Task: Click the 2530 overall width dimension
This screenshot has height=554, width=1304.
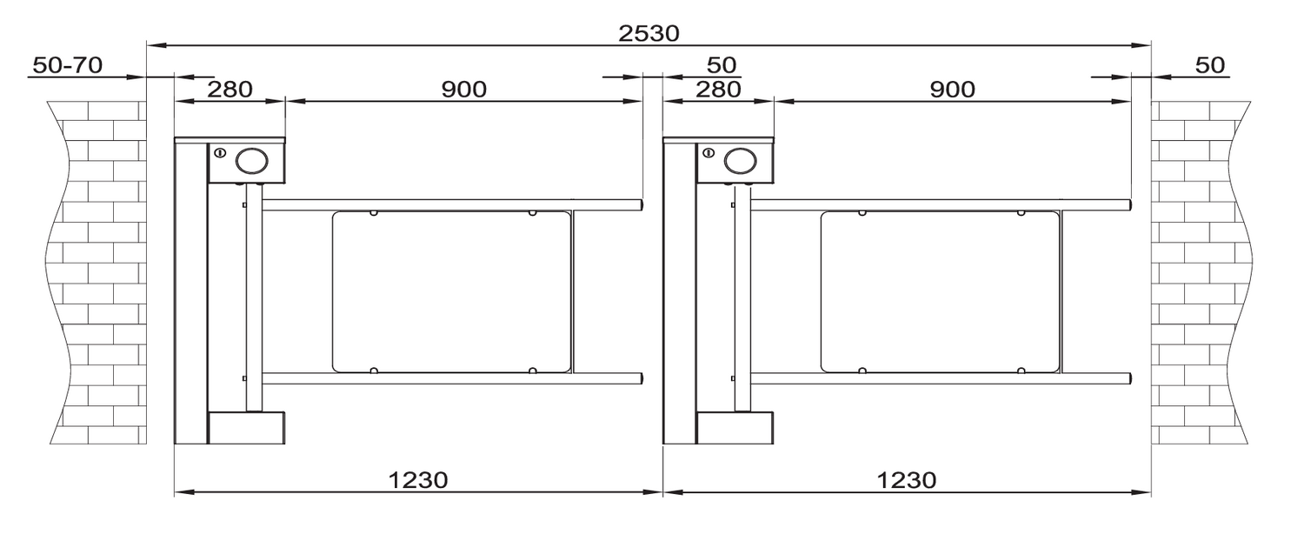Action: [x=649, y=33]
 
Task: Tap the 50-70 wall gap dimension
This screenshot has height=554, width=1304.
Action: [x=68, y=64]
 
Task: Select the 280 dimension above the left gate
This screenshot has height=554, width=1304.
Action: [x=230, y=89]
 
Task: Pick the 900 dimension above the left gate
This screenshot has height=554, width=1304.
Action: [x=464, y=89]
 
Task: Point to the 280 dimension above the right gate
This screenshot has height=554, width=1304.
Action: [x=718, y=89]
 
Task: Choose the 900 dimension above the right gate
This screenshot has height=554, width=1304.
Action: [x=953, y=89]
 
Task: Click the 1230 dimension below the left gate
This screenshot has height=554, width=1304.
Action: [x=418, y=480]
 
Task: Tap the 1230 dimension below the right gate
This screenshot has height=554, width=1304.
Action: [x=907, y=480]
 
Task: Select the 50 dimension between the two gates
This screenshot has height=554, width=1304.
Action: [x=722, y=64]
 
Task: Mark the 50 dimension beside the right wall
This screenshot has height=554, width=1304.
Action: [x=1210, y=64]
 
